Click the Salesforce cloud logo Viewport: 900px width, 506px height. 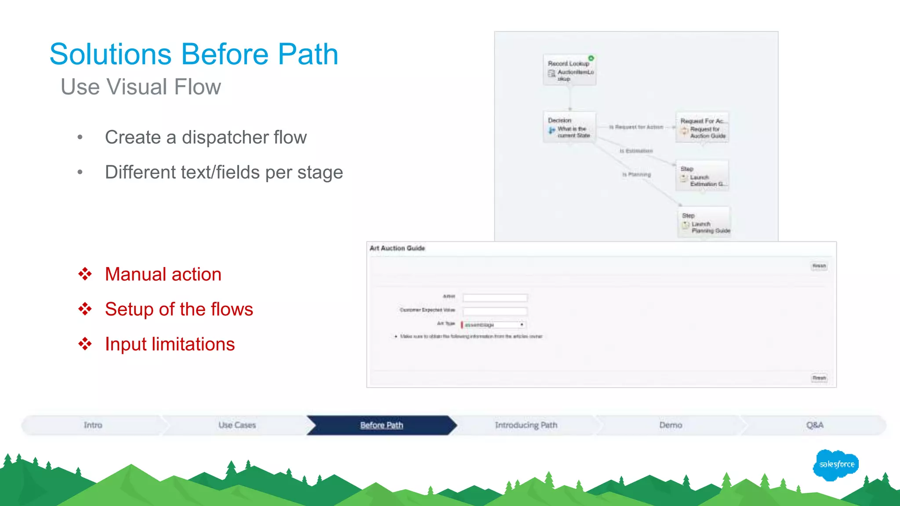point(836,465)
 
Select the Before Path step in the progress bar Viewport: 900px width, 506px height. point(381,425)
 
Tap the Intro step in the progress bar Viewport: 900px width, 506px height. point(93,425)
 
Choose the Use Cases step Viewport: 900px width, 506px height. point(237,425)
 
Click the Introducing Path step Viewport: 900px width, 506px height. point(526,425)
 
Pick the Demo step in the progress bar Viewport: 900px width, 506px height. point(671,425)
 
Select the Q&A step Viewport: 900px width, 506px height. point(815,425)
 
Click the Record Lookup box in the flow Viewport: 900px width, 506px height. point(570,70)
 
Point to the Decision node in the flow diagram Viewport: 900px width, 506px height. point(570,127)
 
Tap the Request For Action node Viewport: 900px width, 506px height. point(702,128)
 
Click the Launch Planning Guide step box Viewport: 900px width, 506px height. point(704,223)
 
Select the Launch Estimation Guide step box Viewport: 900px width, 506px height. point(702,176)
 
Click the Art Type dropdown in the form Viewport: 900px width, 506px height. point(493,325)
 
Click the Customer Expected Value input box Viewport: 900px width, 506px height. point(495,311)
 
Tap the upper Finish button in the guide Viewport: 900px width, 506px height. point(819,266)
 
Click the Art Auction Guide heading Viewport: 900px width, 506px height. point(397,248)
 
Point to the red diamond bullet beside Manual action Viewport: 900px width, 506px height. point(85,274)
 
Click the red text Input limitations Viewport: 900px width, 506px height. point(170,344)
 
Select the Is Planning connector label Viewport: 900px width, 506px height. point(636,175)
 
